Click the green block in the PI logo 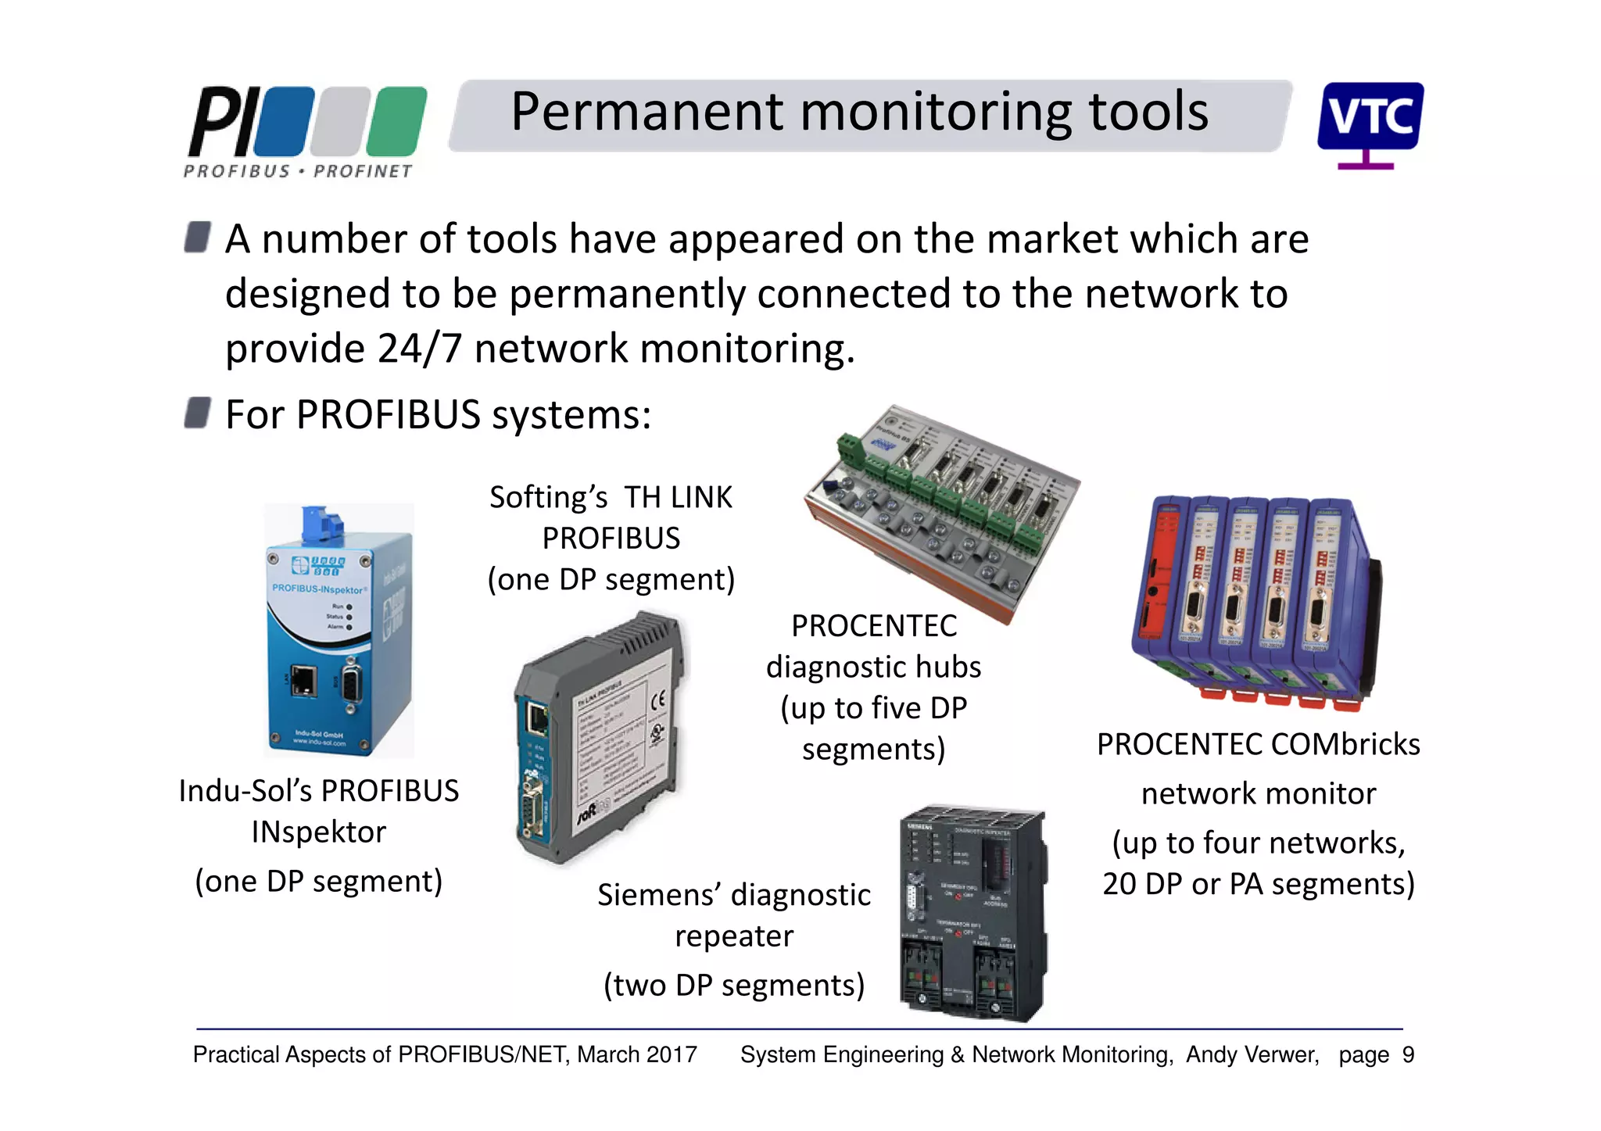click(397, 121)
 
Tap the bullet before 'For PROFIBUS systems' click(197, 413)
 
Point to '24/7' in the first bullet click(419, 349)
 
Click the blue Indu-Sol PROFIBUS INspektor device click(338, 649)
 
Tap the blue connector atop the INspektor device click(323, 523)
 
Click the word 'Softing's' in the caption click(548, 498)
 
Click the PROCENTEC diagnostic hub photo click(942, 512)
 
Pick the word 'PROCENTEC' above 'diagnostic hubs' click(873, 626)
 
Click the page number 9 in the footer click(1408, 1055)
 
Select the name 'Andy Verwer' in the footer click(1252, 1055)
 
